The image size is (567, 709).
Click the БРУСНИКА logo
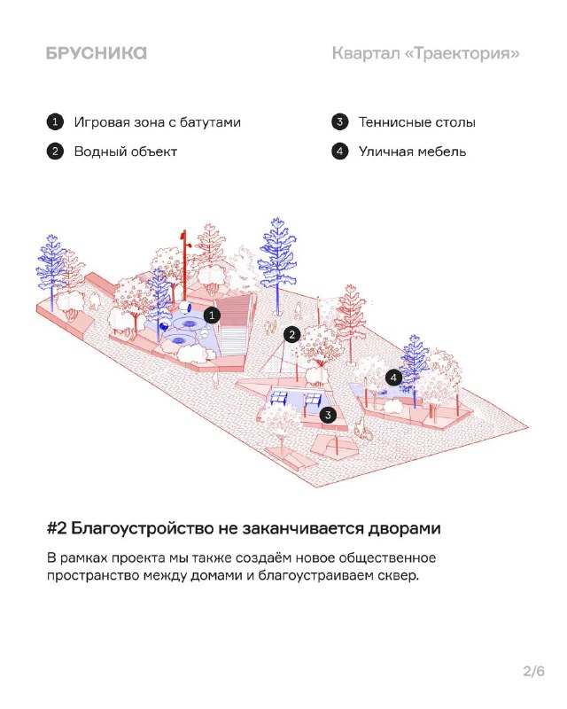[97, 53]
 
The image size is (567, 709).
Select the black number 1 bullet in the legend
[55, 122]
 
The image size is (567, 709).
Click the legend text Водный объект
[125, 152]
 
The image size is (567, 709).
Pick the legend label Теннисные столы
[417, 122]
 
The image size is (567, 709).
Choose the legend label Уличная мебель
[412, 152]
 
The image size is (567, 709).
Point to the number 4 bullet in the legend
[339, 151]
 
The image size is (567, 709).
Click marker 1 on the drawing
[212, 316]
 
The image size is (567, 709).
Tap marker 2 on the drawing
[292, 335]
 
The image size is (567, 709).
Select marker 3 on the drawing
[328, 415]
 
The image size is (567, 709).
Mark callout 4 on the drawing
[394, 378]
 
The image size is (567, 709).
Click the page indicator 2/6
[533, 671]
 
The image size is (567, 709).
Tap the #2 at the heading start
[57, 528]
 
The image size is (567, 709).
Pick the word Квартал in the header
[366, 53]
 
